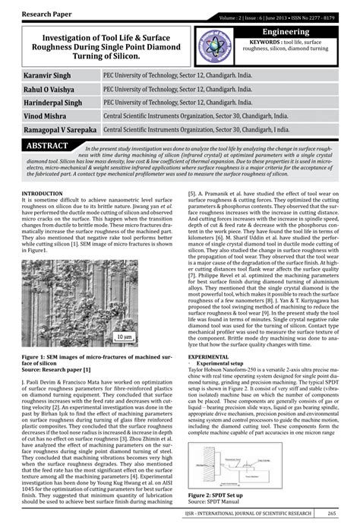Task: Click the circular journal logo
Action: (215, 47)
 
